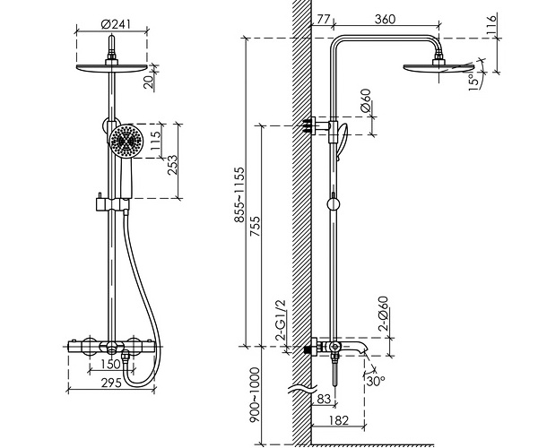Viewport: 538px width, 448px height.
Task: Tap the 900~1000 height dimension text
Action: (x=255, y=395)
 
